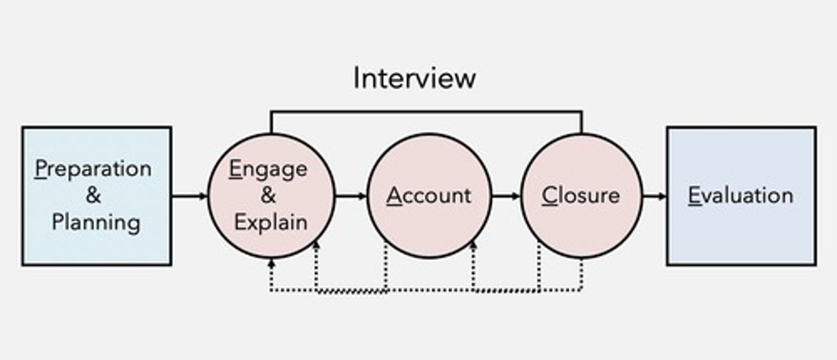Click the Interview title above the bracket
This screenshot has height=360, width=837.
414,78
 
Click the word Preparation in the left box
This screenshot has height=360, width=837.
93,169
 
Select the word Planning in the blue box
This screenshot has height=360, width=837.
96,222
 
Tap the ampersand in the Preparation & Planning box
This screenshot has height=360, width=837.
94,195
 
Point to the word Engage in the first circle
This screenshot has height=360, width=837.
268,169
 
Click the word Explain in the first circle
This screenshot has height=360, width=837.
270,222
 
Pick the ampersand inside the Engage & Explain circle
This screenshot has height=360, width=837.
268,195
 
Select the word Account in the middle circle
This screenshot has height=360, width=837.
429,195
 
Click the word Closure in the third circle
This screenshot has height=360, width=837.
581,195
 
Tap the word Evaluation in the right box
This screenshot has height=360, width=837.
741,195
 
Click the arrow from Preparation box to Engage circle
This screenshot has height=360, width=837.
189,196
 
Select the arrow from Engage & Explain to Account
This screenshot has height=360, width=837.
351,196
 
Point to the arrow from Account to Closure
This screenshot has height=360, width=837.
506,196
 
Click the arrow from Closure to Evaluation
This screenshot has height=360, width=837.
654,196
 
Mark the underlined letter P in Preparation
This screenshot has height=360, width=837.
40,169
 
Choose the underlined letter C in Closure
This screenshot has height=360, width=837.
549,195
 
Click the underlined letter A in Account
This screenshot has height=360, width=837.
395,195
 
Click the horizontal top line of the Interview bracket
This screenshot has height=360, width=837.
426,112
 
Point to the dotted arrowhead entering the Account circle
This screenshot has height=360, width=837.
473,246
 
